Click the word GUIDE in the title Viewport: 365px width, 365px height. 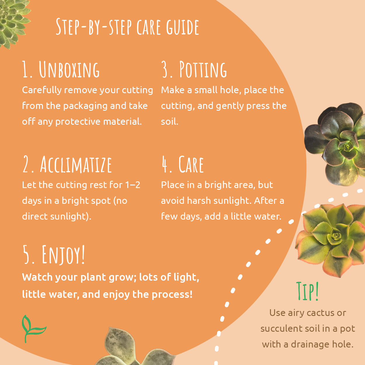(x=183, y=27)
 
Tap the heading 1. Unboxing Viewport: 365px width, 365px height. (x=61, y=69)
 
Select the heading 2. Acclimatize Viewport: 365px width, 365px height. (x=67, y=164)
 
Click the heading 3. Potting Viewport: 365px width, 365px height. (x=194, y=69)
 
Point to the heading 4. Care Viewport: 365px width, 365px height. (x=182, y=164)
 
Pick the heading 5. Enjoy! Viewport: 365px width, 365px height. (x=54, y=255)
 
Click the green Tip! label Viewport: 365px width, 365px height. (x=307, y=291)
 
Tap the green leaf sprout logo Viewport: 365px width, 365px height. (x=34, y=329)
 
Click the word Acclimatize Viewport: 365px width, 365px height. (x=76, y=164)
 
